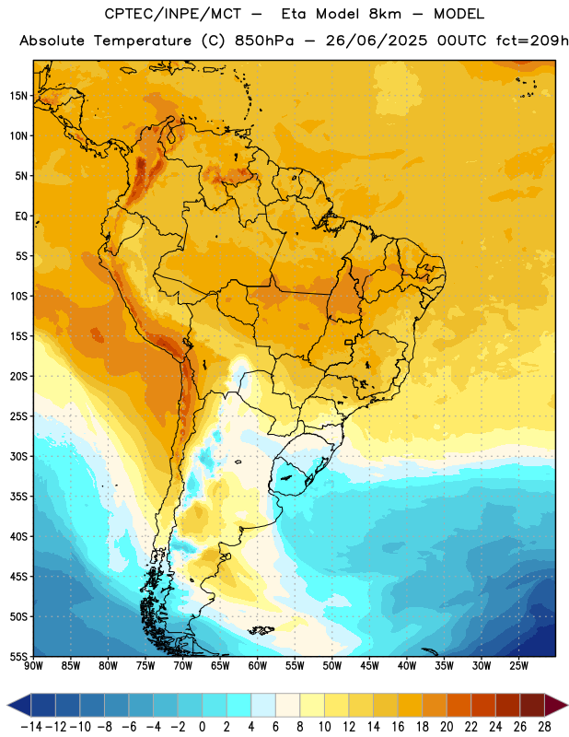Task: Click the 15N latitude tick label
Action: coord(18,96)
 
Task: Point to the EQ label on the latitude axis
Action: coord(21,216)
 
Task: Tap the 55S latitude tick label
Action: coord(18,657)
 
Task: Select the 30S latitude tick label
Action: coord(18,456)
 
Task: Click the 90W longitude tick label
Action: coord(33,666)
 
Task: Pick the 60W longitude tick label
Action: coord(258,666)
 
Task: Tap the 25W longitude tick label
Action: coord(518,666)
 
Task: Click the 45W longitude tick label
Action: coord(369,666)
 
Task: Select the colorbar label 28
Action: coord(544,727)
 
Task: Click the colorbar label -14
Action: coord(31,727)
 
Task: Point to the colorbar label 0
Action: coord(202,727)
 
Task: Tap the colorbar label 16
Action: coord(398,727)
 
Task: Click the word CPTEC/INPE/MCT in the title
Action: coord(173,14)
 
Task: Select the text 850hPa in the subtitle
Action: coord(264,41)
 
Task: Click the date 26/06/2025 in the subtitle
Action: coord(377,41)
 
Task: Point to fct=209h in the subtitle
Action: coord(532,41)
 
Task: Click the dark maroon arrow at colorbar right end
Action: coord(556,705)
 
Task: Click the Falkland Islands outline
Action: coord(261,630)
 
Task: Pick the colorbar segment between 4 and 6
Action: coord(263,705)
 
